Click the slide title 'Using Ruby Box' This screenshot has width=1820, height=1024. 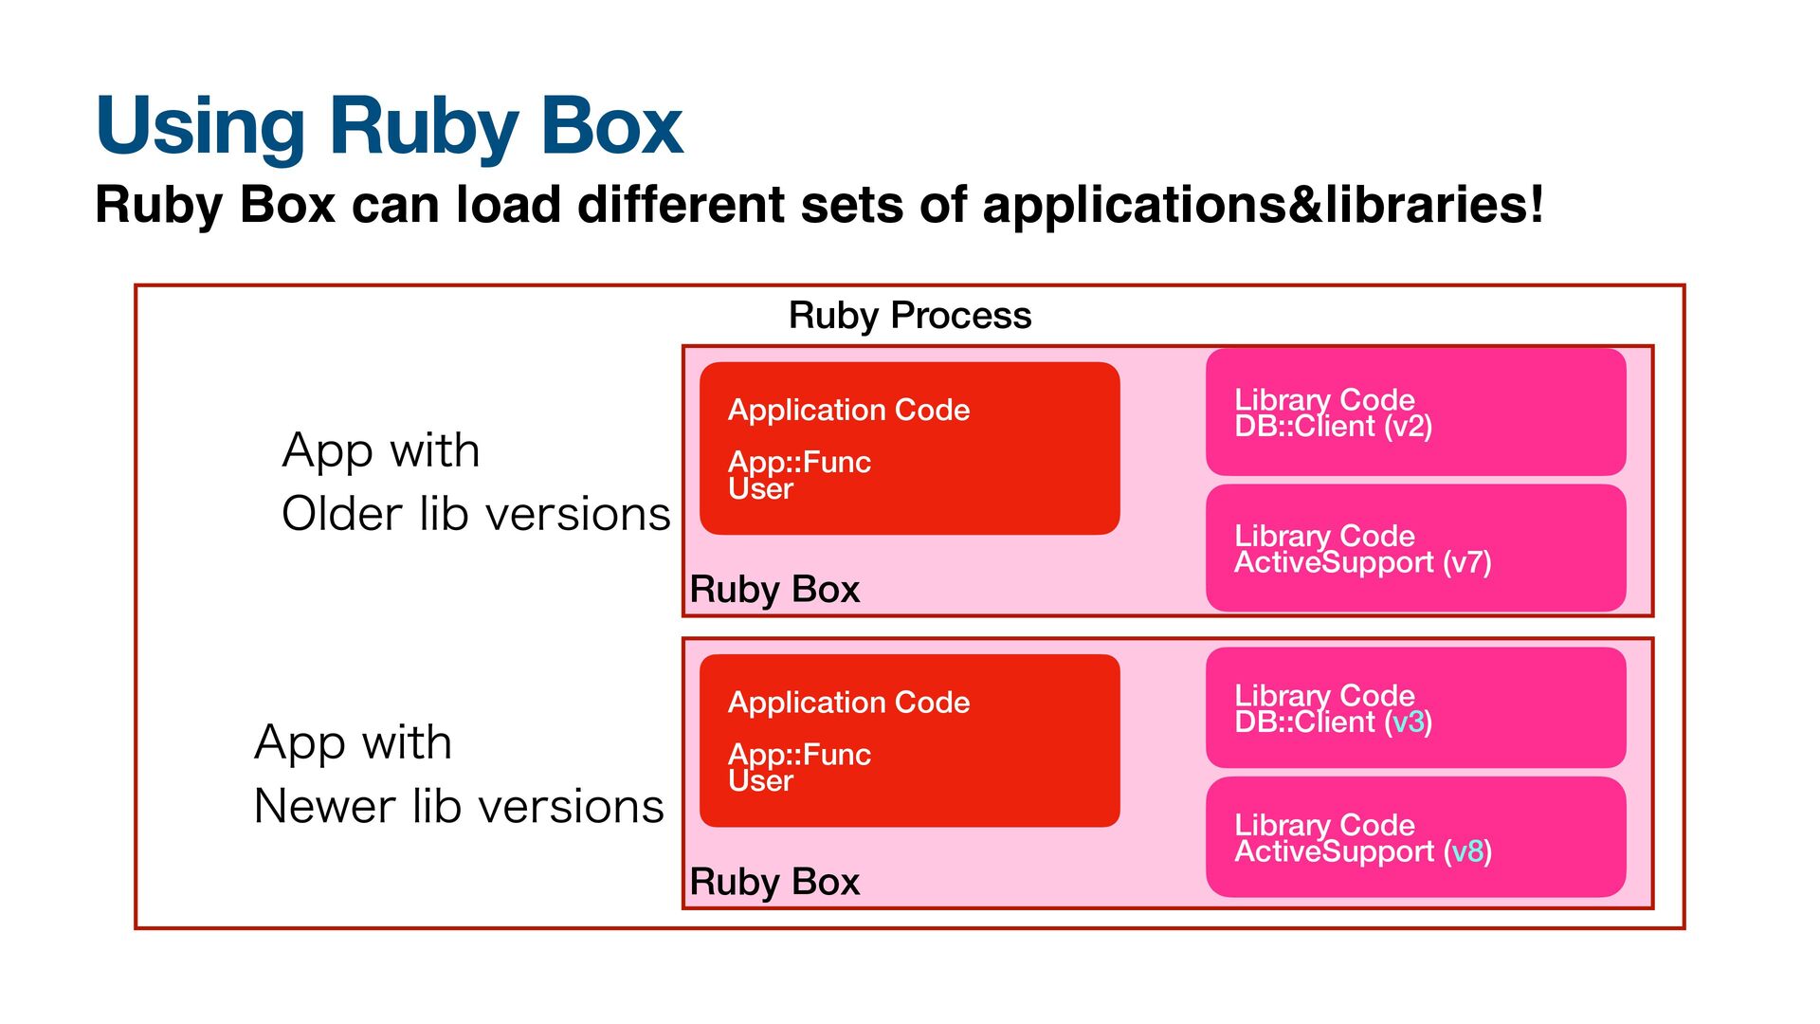click(x=390, y=127)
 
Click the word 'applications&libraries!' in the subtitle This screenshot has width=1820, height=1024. click(x=1264, y=205)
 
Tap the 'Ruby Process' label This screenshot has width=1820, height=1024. click(x=910, y=316)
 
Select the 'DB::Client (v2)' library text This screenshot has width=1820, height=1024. click(x=1333, y=427)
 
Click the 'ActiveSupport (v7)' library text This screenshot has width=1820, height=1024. click(x=1363, y=563)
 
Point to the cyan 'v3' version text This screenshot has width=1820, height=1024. click(x=1409, y=722)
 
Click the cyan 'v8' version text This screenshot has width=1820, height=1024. click(x=1467, y=851)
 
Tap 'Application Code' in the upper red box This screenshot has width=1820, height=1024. click(x=848, y=411)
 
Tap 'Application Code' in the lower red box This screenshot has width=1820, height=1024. click(x=848, y=703)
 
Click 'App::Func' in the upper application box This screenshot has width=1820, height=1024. click(x=799, y=463)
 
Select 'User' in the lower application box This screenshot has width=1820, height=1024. click(x=760, y=781)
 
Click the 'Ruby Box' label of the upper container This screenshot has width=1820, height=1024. click(x=774, y=590)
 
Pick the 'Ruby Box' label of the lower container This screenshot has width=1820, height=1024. click(x=774, y=882)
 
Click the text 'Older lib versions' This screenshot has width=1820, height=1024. click(x=476, y=515)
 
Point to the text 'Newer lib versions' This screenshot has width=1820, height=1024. click(x=459, y=807)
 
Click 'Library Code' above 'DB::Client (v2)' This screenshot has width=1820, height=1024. click(x=1324, y=400)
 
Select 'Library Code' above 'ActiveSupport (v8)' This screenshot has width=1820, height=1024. click(x=1324, y=825)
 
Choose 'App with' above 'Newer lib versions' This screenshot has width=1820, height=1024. click(x=353, y=742)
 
